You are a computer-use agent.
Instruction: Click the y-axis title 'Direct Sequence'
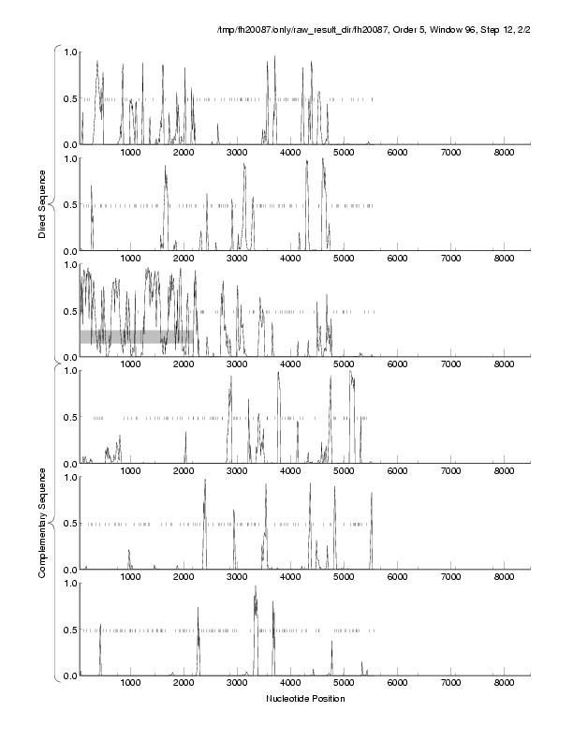[x=42, y=205]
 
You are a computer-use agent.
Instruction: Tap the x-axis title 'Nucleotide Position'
[x=305, y=699]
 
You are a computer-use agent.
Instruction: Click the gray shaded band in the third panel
[x=137, y=336]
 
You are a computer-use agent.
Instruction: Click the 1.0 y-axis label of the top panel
[x=69, y=52]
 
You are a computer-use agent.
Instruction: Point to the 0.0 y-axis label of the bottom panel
[x=69, y=676]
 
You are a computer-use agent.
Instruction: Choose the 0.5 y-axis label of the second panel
[x=69, y=205]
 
